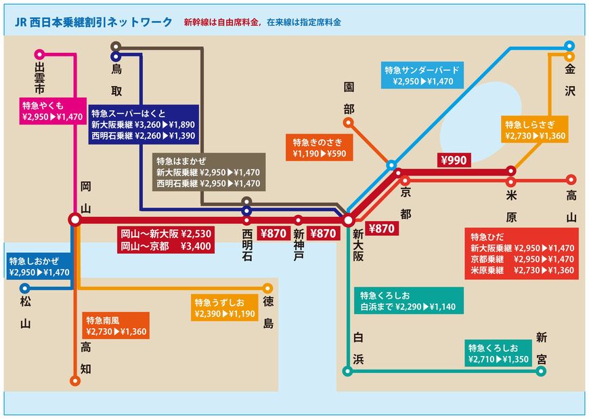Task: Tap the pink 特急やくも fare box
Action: (x=51, y=111)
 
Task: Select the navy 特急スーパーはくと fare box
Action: (x=143, y=123)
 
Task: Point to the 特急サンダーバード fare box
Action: (x=422, y=76)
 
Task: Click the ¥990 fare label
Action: (x=454, y=161)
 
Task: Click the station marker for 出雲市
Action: (x=39, y=54)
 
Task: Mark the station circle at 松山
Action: (x=26, y=287)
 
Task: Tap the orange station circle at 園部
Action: (x=348, y=123)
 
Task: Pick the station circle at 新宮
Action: (x=542, y=370)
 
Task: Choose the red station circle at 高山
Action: (x=570, y=181)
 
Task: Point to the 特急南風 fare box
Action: (x=116, y=326)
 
